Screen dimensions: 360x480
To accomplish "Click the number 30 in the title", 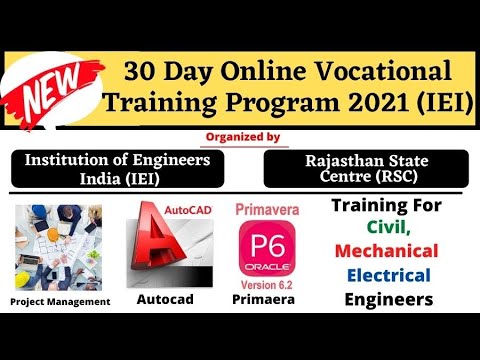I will tap(141, 71).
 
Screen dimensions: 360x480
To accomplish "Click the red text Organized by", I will tap(241, 136).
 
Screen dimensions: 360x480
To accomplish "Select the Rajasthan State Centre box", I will tap(364, 168).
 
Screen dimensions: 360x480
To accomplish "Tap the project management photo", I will tap(58, 246).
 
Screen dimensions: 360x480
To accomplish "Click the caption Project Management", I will tap(59, 300).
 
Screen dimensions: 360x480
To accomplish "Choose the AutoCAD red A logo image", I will tap(169, 245).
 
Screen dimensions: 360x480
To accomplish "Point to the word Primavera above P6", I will tap(264, 212).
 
